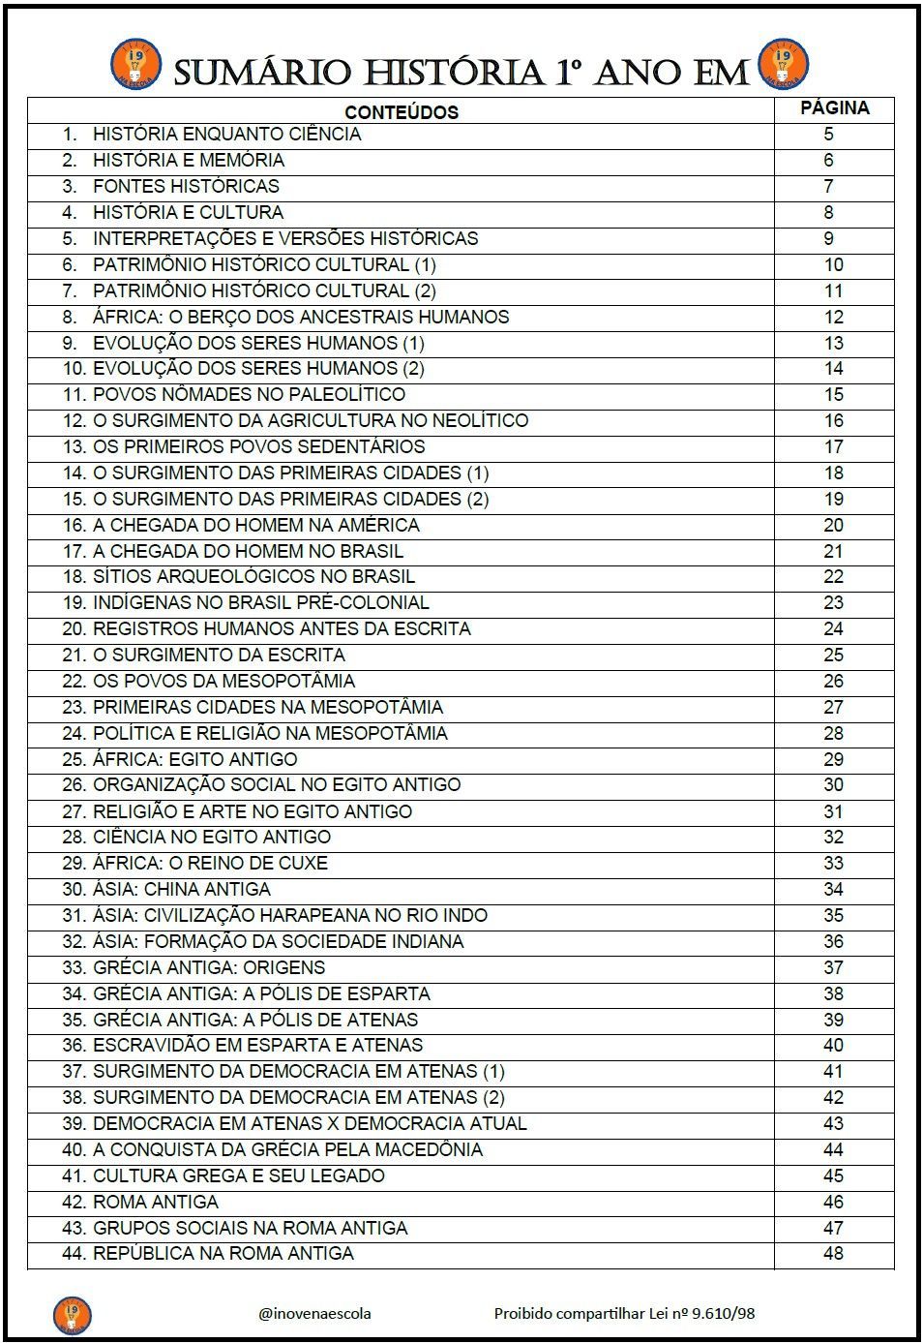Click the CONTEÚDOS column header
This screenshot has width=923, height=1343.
tap(401, 111)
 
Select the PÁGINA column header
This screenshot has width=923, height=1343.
tap(834, 108)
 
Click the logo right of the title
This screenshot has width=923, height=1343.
tap(783, 64)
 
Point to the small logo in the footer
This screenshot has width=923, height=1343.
tap(72, 1314)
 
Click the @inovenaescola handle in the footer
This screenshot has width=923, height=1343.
tap(314, 1313)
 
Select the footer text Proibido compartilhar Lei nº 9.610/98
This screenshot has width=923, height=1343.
tap(624, 1313)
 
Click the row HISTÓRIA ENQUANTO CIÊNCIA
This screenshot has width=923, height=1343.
tap(226, 135)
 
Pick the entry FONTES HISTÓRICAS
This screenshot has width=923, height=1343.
tap(186, 186)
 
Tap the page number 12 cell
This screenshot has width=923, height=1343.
tap(834, 317)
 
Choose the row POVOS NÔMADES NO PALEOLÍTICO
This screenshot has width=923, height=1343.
tap(249, 394)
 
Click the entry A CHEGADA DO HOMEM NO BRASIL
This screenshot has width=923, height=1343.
tap(248, 551)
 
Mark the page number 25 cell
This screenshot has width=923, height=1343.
tap(834, 655)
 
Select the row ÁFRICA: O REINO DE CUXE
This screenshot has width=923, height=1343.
tap(210, 863)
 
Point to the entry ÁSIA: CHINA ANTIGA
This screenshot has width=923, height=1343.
tap(182, 889)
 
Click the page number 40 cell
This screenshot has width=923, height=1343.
tap(834, 1045)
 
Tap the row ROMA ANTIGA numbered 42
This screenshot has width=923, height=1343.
tap(155, 1202)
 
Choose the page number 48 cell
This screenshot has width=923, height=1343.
tap(834, 1253)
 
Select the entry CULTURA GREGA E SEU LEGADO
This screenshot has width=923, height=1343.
tap(238, 1175)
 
